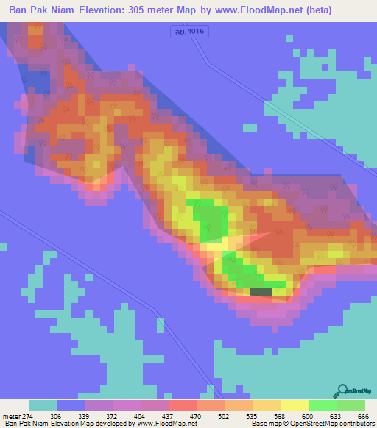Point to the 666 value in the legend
pyautogui.click(x=363, y=416)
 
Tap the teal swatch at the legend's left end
pyautogui.click(x=43, y=405)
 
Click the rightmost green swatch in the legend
pyautogui.click(x=351, y=405)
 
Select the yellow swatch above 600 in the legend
pyautogui.click(x=295, y=405)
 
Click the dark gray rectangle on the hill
pyautogui.click(x=260, y=292)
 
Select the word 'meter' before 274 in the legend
pyautogui.click(x=10, y=416)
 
